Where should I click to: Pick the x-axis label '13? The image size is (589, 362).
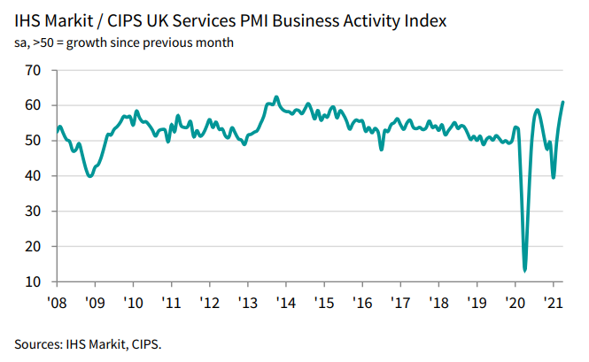(x=247, y=303)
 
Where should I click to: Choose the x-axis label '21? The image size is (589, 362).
(x=554, y=303)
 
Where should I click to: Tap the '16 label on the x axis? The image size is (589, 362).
(x=362, y=303)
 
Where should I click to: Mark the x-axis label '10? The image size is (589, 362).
(x=132, y=303)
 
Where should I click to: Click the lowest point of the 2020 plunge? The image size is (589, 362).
(x=525, y=270)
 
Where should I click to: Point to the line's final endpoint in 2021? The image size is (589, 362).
(x=563, y=103)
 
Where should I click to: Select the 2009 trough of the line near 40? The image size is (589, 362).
(x=89, y=176)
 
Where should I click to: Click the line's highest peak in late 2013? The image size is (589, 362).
(x=276, y=97)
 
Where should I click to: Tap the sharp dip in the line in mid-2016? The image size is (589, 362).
(x=382, y=149)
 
